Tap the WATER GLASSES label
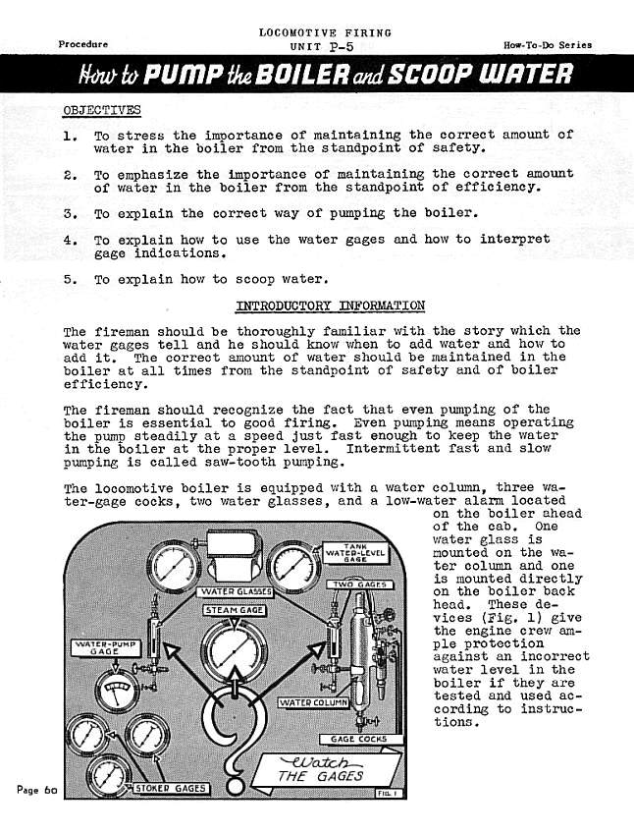tap(236, 592)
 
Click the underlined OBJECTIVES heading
tap(101, 109)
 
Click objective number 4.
tap(70, 240)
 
